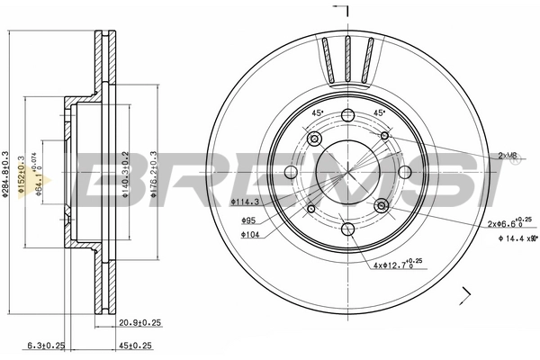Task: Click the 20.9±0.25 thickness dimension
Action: [x=138, y=322]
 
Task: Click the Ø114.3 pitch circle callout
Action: [x=244, y=202]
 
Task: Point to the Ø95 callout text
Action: [x=248, y=220]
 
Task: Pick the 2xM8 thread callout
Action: [x=508, y=156]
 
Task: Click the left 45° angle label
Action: [x=317, y=112]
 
